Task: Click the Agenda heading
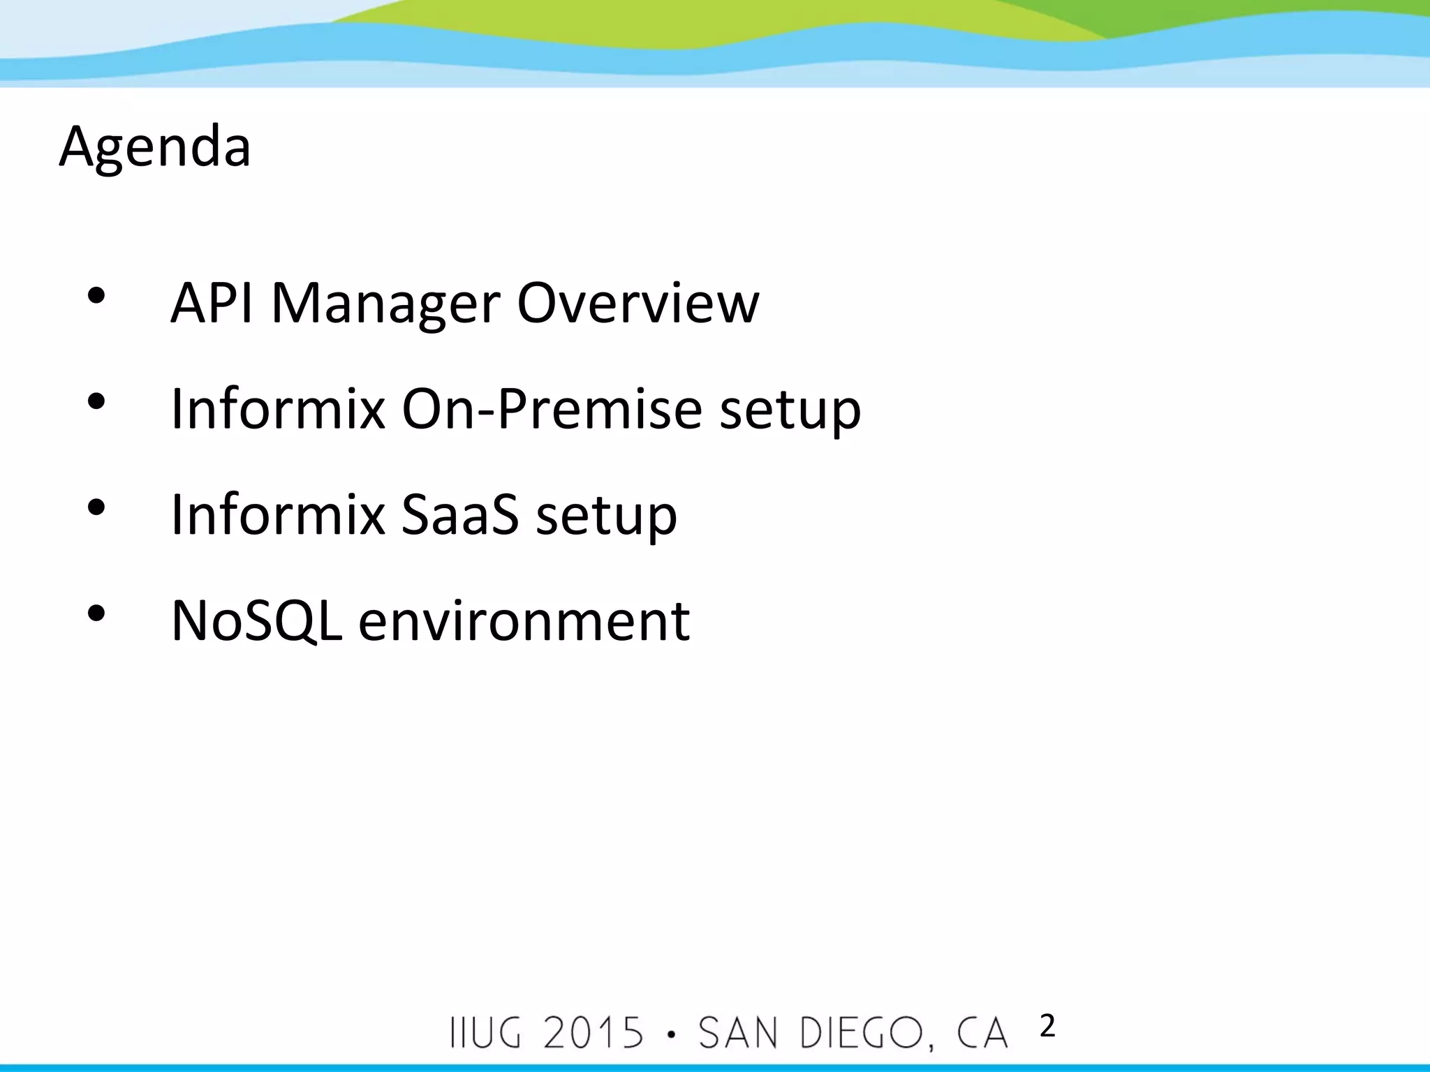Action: pos(155,147)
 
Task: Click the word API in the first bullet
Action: pos(211,304)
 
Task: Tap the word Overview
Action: pos(637,304)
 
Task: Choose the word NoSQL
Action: pos(256,620)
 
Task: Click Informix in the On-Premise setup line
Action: pos(278,409)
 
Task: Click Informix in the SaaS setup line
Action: pos(278,515)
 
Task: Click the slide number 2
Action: pos(1047,1027)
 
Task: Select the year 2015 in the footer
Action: pos(593,1033)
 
